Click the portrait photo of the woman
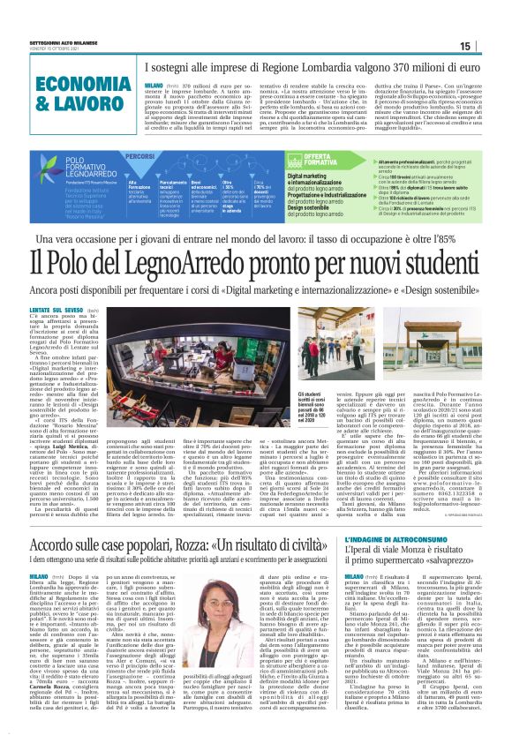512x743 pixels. point(216,601)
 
